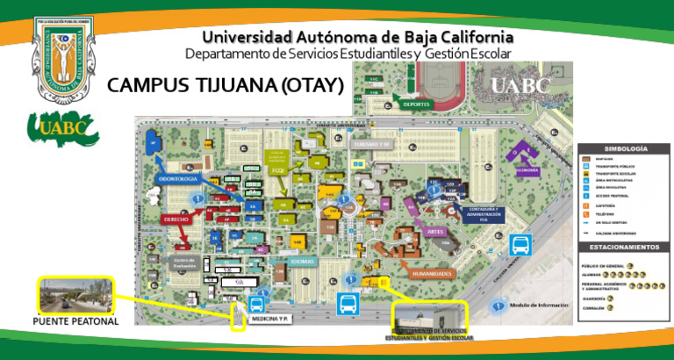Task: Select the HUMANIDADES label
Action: tap(430, 273)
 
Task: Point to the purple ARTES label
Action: tap(435, 231)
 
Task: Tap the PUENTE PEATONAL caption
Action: tap(75, 321)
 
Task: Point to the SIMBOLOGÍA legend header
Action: tap(626, 149)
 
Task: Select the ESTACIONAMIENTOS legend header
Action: tap(626, 248)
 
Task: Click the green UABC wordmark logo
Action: tap(61, 129)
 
